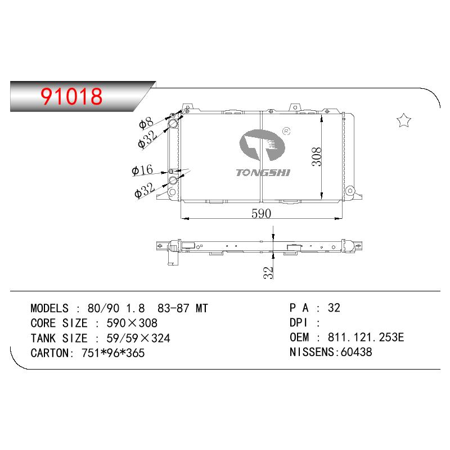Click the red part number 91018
click(71, 96)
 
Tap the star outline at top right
click(404, 120)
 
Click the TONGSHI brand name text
click(263, 173)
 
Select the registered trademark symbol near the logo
click(286, 131)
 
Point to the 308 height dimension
click(317, 157)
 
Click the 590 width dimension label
click(261, 214)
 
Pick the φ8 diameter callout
click(146, 123)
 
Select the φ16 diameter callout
click(142, 170)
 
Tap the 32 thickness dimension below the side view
click(268, 273)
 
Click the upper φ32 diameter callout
click(147, 139)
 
